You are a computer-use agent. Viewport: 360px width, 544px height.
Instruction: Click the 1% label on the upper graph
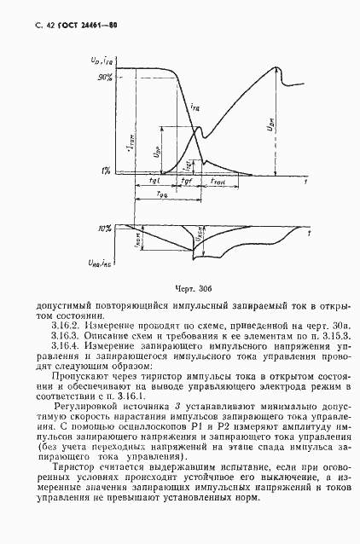(107, 171)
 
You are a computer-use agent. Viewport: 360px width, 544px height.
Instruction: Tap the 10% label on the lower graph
(105, 229)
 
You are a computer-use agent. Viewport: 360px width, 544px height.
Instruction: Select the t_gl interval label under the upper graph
(154, 184)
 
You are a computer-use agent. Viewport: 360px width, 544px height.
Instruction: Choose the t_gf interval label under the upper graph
(187, 184)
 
